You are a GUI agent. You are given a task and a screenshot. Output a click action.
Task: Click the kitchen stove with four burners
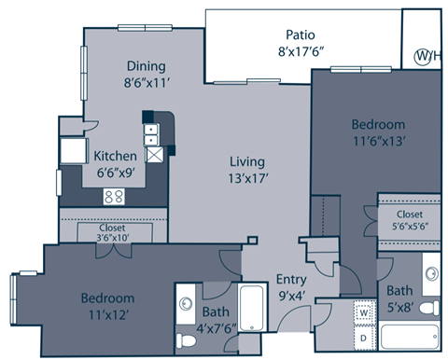point(115,196)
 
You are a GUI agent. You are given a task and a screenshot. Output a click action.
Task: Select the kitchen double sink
point(150,130)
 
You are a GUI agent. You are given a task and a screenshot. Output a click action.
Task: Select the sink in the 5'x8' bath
point(431,274)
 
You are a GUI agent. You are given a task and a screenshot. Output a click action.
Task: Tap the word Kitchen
point(116,156)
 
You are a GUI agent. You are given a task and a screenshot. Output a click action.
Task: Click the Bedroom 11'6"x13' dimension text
point(378,141)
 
